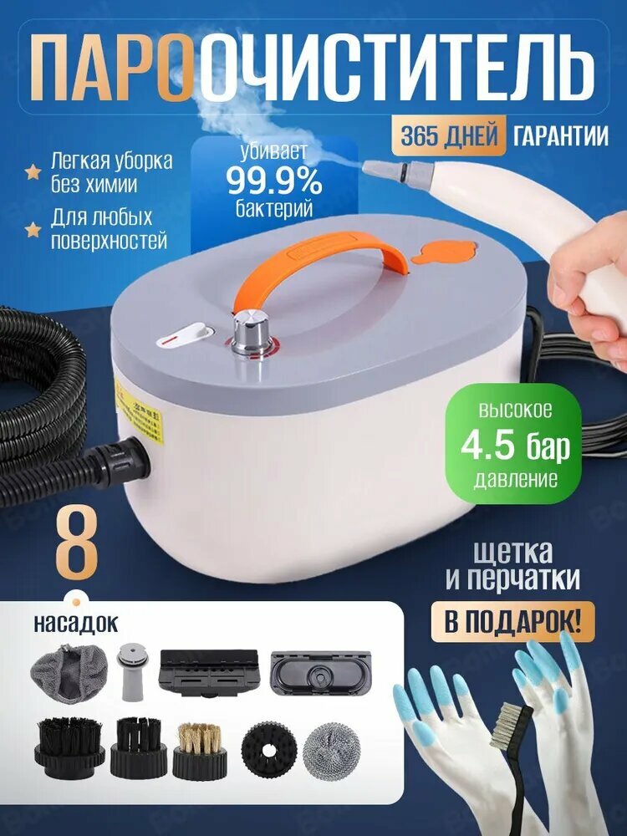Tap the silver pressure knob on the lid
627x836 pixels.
(x=249, y=331)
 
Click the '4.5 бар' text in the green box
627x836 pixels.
(x=515, y=448)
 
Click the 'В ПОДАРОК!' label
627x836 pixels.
(x=511, y=622)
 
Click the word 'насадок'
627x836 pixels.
(x=76, y=623)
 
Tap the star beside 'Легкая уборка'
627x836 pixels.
(x=33, y=172)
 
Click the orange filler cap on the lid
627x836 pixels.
(x=445, y=252)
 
